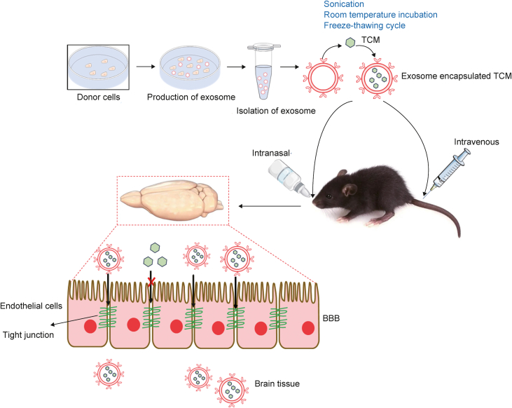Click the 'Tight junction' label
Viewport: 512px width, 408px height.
(x=28, y=334)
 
